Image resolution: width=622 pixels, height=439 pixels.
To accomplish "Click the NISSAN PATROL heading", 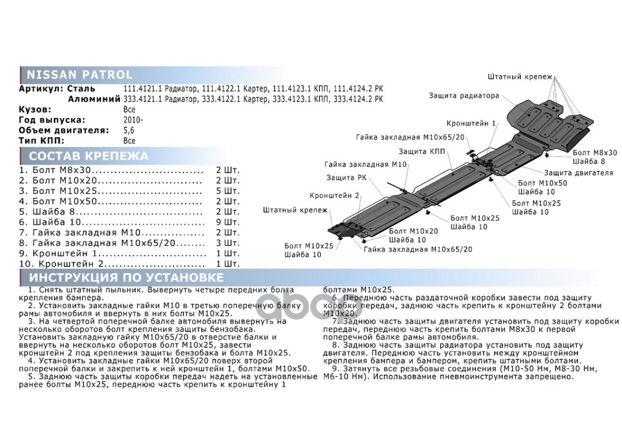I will tap(80, 75).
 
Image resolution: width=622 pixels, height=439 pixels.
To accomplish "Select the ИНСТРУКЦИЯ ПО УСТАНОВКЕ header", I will tap(126, 277).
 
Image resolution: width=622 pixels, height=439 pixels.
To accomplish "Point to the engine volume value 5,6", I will tap(129, 130).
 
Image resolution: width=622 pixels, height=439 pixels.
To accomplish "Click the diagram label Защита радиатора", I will tap(464, 95).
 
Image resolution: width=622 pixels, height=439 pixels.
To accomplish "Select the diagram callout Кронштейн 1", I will tap(471, 123).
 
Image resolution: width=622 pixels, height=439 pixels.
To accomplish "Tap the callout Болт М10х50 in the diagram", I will tap(535, 183).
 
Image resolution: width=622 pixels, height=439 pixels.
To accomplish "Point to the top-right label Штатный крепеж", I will tap(519, 76).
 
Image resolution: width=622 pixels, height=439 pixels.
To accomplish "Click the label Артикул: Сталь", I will tap(57, 88).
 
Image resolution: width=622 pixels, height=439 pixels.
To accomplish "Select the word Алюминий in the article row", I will tap(94, 99).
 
